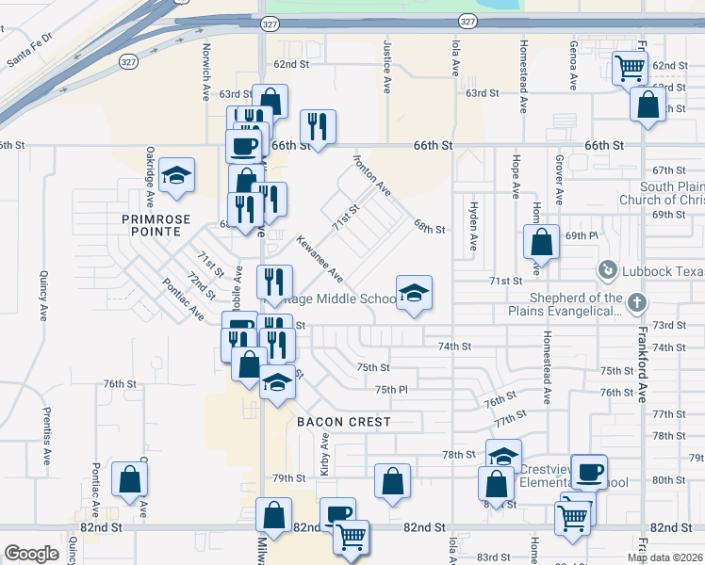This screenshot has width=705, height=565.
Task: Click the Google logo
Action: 31,554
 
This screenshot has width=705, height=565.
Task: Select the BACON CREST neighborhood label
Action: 343,422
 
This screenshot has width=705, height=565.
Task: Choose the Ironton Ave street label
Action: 372,176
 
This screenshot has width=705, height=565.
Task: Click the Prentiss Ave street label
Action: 45,435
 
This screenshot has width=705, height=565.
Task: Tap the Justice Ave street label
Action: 386,66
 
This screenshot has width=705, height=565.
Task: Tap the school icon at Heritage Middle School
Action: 414,294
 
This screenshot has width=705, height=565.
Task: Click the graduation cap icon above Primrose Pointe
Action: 176,175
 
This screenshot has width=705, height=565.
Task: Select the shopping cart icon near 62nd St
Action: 629,67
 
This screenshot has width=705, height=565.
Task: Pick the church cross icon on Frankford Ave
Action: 638,303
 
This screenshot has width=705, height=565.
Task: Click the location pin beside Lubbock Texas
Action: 608,271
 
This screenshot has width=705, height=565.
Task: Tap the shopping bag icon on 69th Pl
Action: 542,242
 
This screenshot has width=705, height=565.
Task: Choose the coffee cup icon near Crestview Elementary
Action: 590,472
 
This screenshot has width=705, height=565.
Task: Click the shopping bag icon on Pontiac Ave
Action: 129,479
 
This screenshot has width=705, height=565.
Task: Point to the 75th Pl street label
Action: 390,390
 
